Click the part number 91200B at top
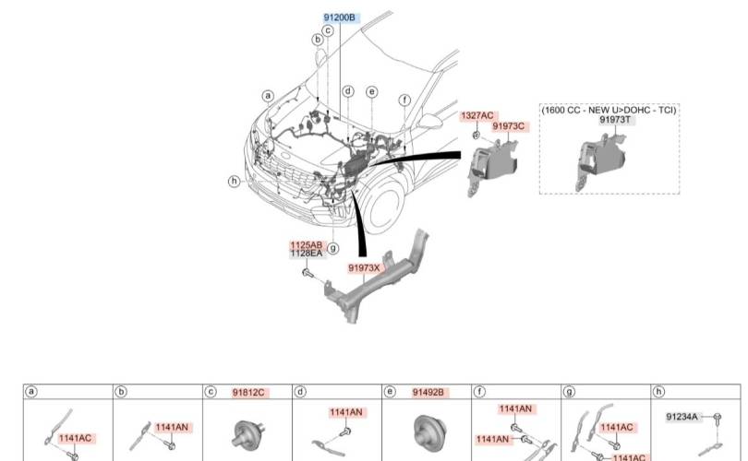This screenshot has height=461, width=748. coord(340,18)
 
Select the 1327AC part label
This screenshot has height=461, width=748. coord(477,116)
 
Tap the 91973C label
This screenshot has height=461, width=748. coord(509,126)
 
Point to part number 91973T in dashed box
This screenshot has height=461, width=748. coord(615,120)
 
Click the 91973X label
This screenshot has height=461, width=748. coord(364,267)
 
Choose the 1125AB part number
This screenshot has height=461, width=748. coord(307,245)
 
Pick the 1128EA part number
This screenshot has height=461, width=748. coord(307,254)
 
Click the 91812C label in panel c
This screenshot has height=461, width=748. coord(248,393)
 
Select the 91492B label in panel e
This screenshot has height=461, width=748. coord(428,393)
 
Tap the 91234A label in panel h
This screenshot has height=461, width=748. coord(682,417)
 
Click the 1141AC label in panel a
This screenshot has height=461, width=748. coord(75,438)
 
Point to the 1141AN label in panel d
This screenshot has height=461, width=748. coord(346,412)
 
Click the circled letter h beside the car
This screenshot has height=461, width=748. coord(234,182)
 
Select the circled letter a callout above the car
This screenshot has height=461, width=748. coord(269,96)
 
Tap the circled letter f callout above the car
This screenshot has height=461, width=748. coord(404,100)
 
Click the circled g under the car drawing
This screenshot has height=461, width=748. coord(333,248)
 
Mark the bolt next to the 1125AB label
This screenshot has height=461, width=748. coord(308,273)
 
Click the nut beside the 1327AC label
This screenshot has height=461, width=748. coord(477,136)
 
